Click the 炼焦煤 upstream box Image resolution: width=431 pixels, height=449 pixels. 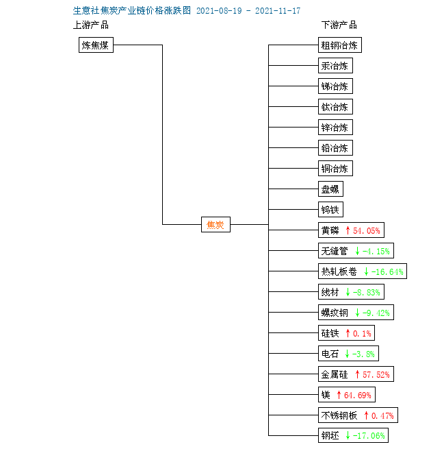tap(96, 45)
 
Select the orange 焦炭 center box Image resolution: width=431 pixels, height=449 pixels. tap(215, 225)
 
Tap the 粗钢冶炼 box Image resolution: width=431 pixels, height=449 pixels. tap(340, 45)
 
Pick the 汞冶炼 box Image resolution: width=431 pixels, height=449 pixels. tap(335, 66)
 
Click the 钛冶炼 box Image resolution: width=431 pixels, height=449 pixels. tap(335, 106)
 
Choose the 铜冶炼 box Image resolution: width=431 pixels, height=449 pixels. tap(335, 169)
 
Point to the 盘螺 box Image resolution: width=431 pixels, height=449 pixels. tap(330, 189)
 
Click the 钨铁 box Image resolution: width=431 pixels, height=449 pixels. tap(330, 209)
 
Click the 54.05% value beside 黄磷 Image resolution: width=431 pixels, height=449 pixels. tap(367, 230)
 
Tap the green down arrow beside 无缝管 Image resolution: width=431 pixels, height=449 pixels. tap(357, 251)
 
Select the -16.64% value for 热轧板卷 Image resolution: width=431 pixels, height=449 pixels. tap(387, 271)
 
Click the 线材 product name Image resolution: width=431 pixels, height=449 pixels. tap(330, 292)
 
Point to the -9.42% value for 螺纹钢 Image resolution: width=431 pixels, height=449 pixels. tap(376, 313)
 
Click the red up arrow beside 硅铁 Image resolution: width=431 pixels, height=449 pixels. tap(348, 333)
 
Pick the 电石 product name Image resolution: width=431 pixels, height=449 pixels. tap(330, 354)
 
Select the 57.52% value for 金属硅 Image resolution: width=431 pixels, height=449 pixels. tap(376, 374)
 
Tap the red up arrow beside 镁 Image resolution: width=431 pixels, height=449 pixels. tap(339, 395)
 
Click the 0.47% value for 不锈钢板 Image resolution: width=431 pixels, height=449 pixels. tap(382, 415)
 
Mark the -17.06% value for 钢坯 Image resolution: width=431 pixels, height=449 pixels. tap(369, 436)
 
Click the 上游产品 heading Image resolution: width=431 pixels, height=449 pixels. tap(91, 25)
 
